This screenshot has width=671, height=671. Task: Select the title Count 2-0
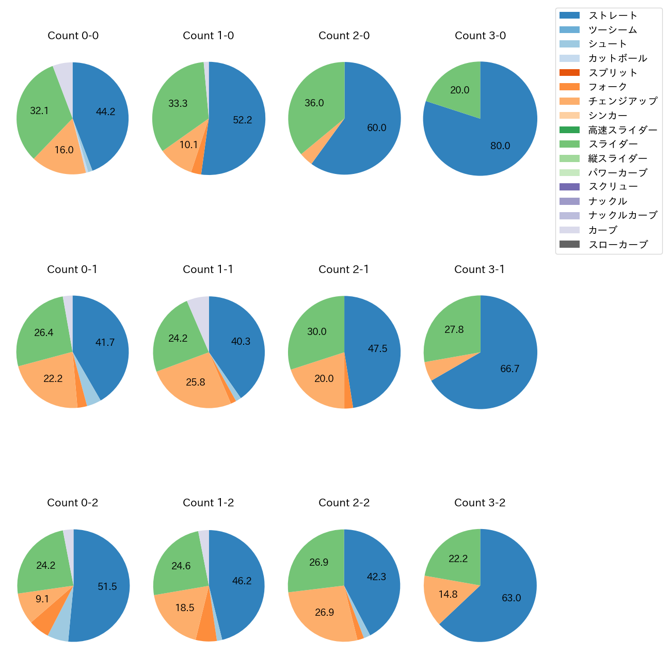(x=344, y=36)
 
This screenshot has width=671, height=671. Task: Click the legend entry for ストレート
(x=613, y=15)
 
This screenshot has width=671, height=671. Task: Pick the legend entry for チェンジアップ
(x=622, y=101)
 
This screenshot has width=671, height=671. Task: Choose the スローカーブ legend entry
(x=618, y=245)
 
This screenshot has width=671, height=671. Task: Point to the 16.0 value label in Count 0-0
(x=64, y=150)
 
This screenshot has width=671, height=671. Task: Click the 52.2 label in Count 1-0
(x=243, y=120)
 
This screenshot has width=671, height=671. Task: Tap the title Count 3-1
(x=480, y=269)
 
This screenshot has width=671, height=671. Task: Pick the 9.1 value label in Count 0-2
(x=42, y=599)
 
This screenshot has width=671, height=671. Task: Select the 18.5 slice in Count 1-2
(x=183, y=609)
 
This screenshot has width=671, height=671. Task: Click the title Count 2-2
(x=344, y=503)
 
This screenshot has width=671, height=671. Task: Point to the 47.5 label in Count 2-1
(x=377, y=349)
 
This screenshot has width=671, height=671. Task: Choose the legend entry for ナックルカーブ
(x=622, y=216)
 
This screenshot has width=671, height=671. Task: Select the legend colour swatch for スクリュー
(x=569, y=187)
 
